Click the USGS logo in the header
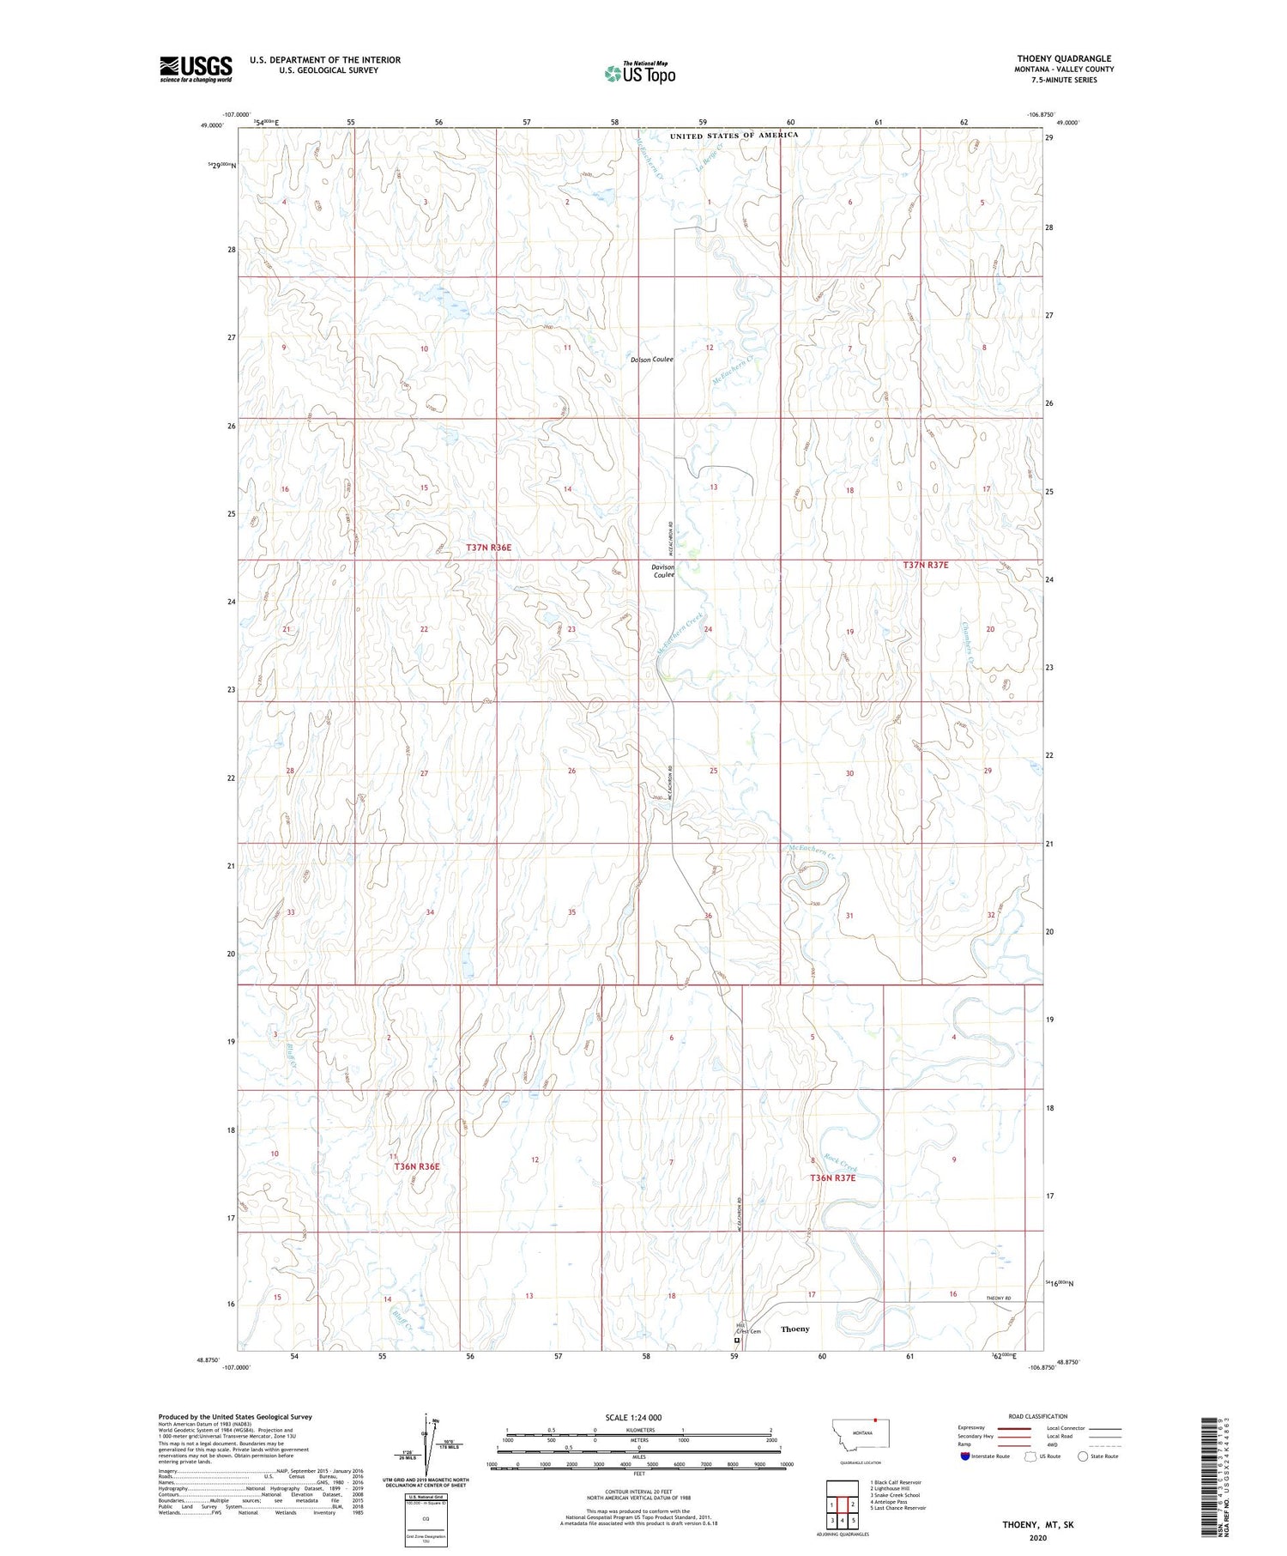click(x=196, y=69)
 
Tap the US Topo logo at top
click(x=639, y=73)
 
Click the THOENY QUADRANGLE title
click(x=1064, y=58)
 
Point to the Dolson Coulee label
click(x=652, y=360)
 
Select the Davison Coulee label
click(x=663, y=571)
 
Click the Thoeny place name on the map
click(x=795, y=1329)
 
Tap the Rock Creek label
click(x=842, y=1163)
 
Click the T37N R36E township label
click(x=488, y=547)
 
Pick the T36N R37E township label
click(x=832, y=1178)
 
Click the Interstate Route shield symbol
click(x=965, y=1456)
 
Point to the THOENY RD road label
click(x=1000, y=1298)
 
